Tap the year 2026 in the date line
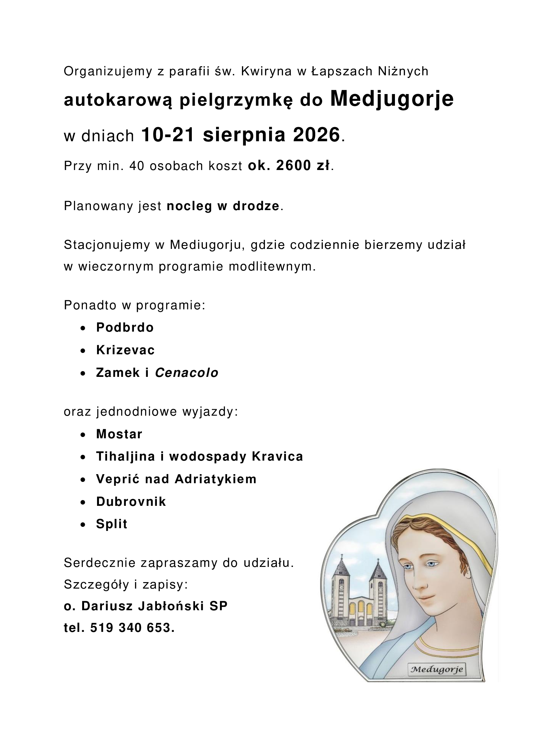316,135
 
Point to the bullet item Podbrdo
125,328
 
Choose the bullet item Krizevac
125,350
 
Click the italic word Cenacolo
186,373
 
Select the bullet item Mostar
119,434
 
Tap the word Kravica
277,456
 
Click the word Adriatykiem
215,479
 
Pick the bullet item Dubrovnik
131,502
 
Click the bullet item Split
111,524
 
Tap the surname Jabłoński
169,606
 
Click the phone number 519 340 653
132,628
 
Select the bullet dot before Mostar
83,435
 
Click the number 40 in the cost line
137,166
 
